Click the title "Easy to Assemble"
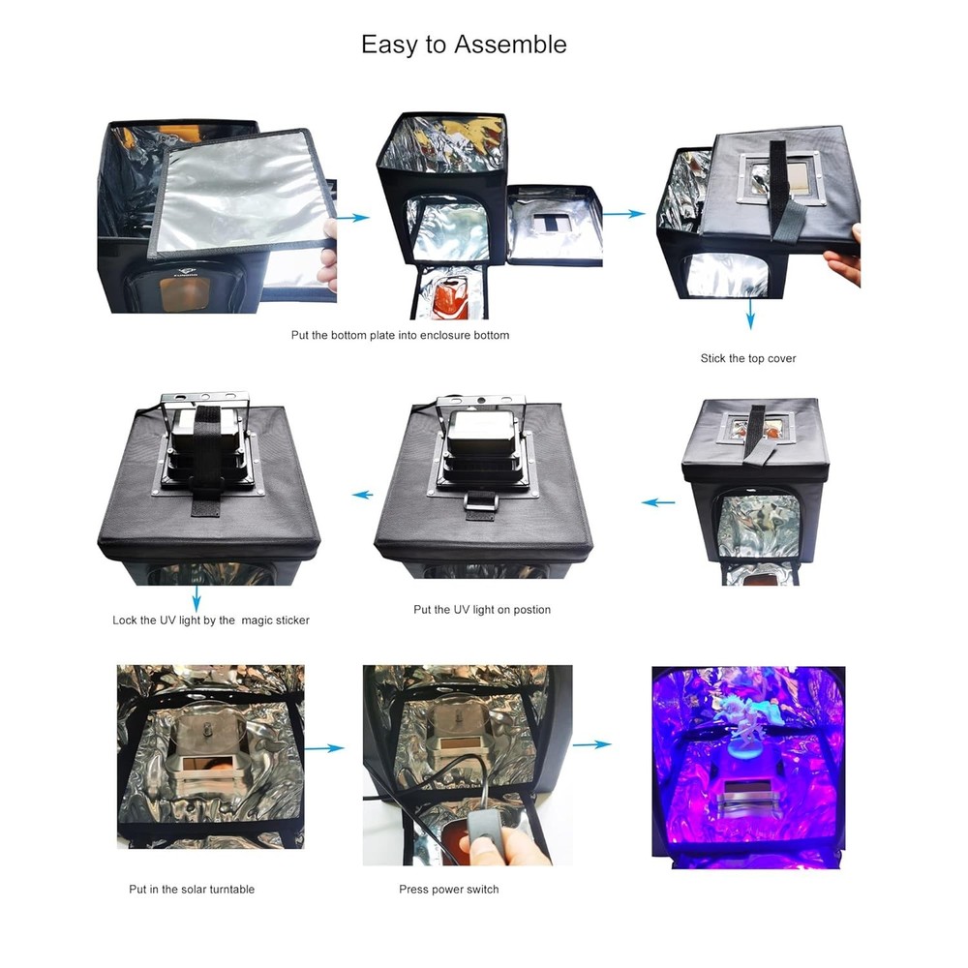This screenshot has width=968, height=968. pyautogui.click(x=464, y=45)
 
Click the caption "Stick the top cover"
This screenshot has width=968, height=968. pyautogui.click(x=748, y=358)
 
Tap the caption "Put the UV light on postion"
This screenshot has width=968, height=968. pyautogui.click(x=481, y=610)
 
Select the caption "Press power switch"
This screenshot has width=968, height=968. pyautogui.click(x=448, y=889)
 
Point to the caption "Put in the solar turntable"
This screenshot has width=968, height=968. pyautogui.click(x=192, y=889)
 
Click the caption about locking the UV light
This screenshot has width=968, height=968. pyautogui.click(x=211, y=620)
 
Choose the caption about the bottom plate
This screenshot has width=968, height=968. pyautogui.click(x=400, y=335)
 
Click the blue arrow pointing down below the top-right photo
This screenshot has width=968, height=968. pyautogui.click(x=750, y=315)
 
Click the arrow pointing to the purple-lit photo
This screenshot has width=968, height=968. pyautogui.click(x=591, y=744)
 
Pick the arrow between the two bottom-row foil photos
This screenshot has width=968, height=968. pyautogui.click(x=329, y=747)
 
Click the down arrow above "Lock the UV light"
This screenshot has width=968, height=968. pyautogui.click(x=197, y=593)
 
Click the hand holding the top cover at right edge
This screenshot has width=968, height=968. pyautogui.click(x=844, y=254)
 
